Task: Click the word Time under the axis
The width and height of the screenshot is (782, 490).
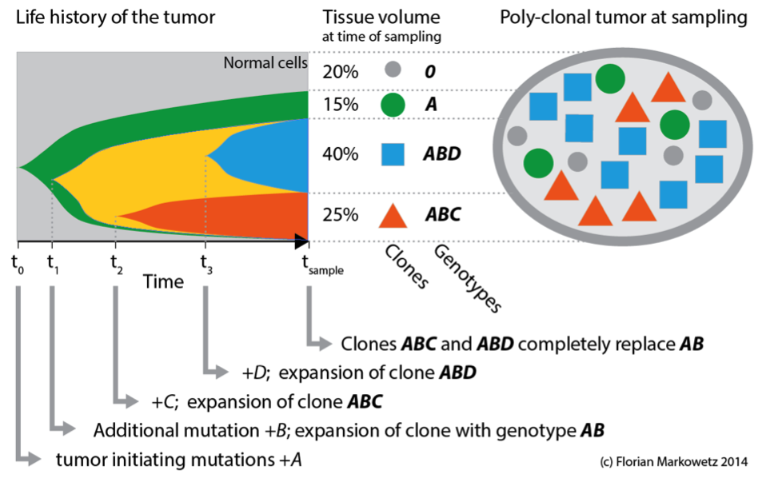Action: (164, 281)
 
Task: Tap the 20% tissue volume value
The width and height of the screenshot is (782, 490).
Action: (341, 72)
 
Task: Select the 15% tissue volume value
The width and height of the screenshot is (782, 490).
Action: (341, 106)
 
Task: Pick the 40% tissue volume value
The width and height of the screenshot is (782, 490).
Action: (341, 153)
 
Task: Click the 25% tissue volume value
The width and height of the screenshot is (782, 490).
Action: (341, 214)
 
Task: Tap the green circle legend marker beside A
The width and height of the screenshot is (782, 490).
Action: (392, 106)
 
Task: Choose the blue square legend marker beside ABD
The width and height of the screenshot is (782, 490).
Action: (392, 153)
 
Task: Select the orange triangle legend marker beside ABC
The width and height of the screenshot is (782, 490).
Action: (392, 214)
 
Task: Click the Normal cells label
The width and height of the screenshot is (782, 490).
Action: (265, 62)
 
